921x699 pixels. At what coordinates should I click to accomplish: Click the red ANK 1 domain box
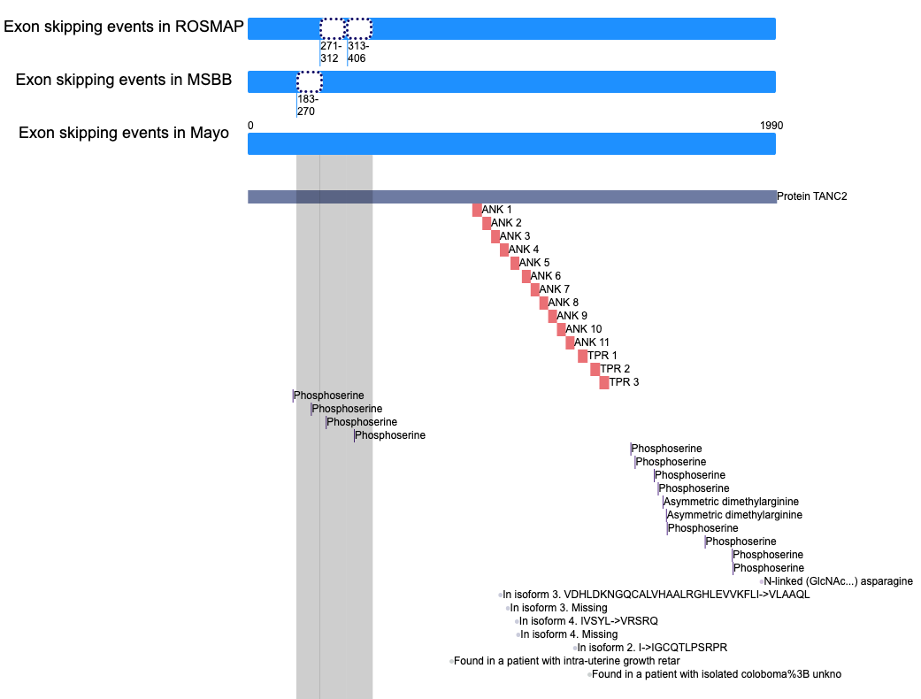(477, 210)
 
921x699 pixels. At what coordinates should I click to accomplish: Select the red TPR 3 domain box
(603, 382)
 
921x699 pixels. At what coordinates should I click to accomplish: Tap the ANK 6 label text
(545, 276)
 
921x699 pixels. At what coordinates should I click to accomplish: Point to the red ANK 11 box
(570, 342)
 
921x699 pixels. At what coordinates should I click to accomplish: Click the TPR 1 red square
(582, 356)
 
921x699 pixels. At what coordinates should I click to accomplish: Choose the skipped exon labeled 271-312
(333, 29)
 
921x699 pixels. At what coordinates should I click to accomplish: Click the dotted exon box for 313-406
(358, 29)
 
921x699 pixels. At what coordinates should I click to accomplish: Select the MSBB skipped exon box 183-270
(310, 81)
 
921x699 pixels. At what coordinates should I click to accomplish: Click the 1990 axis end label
(771, 125)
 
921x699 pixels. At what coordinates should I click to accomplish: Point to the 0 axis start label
(250, 125)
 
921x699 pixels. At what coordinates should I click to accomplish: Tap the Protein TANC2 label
(812, 196)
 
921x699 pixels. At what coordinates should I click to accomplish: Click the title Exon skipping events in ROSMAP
(123, 27)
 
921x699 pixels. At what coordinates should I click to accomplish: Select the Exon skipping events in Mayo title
(123, 133)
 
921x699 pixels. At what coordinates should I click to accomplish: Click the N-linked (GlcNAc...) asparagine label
(838, 581)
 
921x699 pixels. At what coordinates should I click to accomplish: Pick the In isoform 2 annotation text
(652, 648)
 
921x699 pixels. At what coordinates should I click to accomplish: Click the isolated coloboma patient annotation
(716, 674)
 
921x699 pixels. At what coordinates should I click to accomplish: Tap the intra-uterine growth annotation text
(567, 661)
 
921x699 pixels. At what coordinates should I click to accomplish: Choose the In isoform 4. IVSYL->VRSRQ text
(588, 621)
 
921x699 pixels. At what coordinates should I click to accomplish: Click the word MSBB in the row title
(209, 80)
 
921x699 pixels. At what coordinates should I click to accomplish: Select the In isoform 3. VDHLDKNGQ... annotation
(656, 595)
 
